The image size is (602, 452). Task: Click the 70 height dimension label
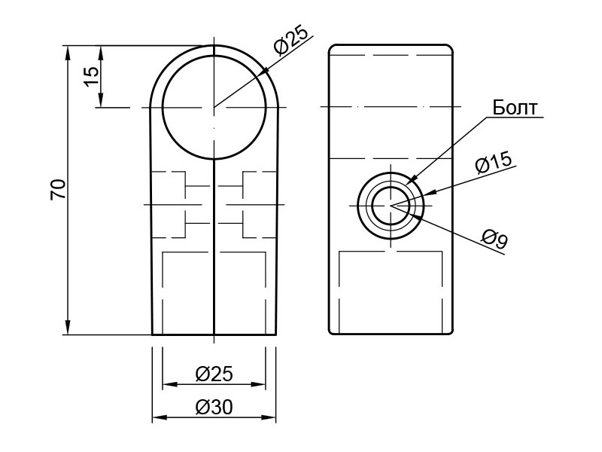(59, 189)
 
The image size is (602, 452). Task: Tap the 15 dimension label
(91, 77)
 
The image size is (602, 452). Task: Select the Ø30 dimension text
(214, 407)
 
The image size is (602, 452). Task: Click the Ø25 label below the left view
(214, 374)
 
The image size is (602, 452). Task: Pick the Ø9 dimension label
(495, 238)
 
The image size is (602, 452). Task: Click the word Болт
(515, 108)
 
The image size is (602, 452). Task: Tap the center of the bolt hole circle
(391, 206)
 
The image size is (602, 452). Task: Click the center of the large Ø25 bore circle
(214, 107)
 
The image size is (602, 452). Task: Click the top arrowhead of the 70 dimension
(68, 53)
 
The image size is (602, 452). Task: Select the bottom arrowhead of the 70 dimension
(68, 328)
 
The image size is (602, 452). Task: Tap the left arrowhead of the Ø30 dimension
(160, 417)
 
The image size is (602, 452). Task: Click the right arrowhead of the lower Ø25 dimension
(258, 384)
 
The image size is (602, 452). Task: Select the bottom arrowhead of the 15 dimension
(101, 100)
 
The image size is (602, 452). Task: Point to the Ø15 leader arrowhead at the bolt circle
(430, 193)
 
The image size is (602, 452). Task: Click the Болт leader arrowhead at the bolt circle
(414, 178)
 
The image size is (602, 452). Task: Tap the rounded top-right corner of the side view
(449, 48)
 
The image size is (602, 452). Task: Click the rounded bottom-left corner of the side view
(332, 331)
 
